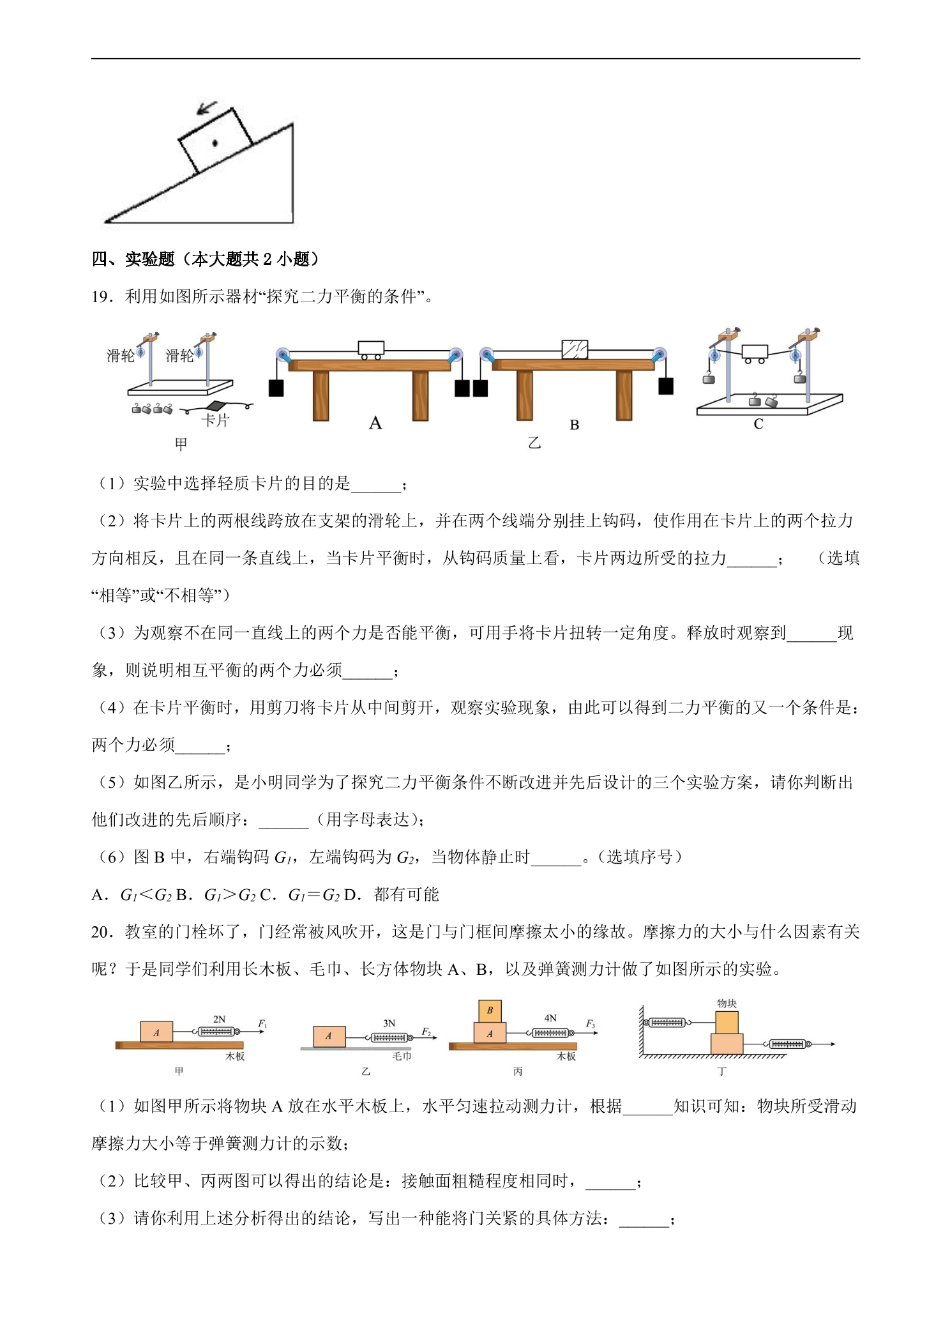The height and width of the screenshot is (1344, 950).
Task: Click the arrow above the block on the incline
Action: click(x=207, y=108)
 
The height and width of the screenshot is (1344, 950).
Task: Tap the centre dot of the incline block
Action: click(x=215, y=143)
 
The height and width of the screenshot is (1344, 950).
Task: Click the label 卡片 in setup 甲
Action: click(x=215, y=420)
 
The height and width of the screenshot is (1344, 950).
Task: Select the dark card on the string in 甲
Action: click(x=217, y=406)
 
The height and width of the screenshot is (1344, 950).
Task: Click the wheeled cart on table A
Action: click(x=371, y=350)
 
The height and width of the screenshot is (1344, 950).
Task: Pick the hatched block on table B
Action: click(x=575, y=349)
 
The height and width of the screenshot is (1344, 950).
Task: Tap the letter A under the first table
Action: click(x=375, y=423)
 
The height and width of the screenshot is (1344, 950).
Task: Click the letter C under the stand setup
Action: click(x=758, y=424)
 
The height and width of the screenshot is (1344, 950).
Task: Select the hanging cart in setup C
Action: click(x=754, y=354)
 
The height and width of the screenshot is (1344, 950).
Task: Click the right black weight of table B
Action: click(x=666, y=386)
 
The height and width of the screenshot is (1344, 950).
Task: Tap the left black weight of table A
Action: click(x=276, y=388)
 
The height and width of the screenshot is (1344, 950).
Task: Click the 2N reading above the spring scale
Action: click(x=219, y=1019)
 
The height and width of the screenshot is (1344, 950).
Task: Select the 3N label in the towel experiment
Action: click(x=389, y=1023)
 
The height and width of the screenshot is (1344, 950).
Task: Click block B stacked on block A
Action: click(x=490, y=1011)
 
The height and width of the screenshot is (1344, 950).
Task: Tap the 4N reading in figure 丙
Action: click(x=550, y=1018)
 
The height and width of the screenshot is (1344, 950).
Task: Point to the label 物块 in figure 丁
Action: click(x=727, y=1004)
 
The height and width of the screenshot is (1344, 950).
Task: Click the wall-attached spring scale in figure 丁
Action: click(x=667, y=1023)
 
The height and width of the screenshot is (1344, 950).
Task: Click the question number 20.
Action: click(x=102, y=932)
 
